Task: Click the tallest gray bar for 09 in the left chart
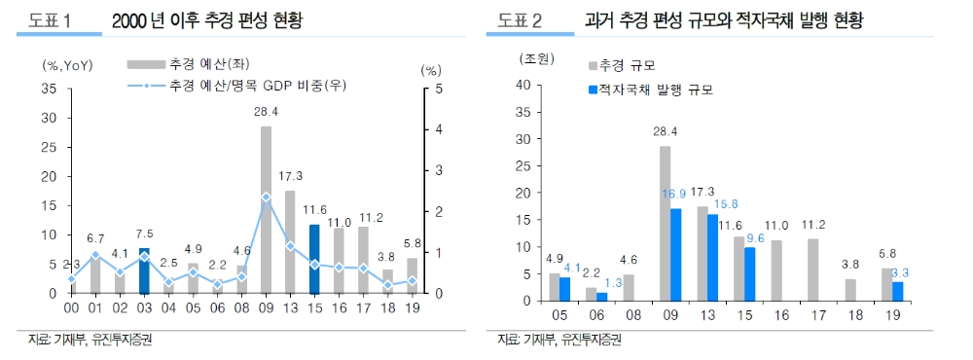(x=266, y=209)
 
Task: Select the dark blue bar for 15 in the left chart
(x=313, y=259)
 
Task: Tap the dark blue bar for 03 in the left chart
(x=144, y=270)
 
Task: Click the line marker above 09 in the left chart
(x=266, y=197)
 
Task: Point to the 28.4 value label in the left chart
(x=266, y=112)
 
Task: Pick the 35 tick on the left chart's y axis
(x=53, y=89)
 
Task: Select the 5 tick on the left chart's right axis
(x=425, y=89)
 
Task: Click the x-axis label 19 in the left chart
(x=412, y=307)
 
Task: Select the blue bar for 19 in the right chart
(x=898, y=290)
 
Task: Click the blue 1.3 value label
(x=613, y=282)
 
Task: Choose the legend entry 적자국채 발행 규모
(x=655, y=90)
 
